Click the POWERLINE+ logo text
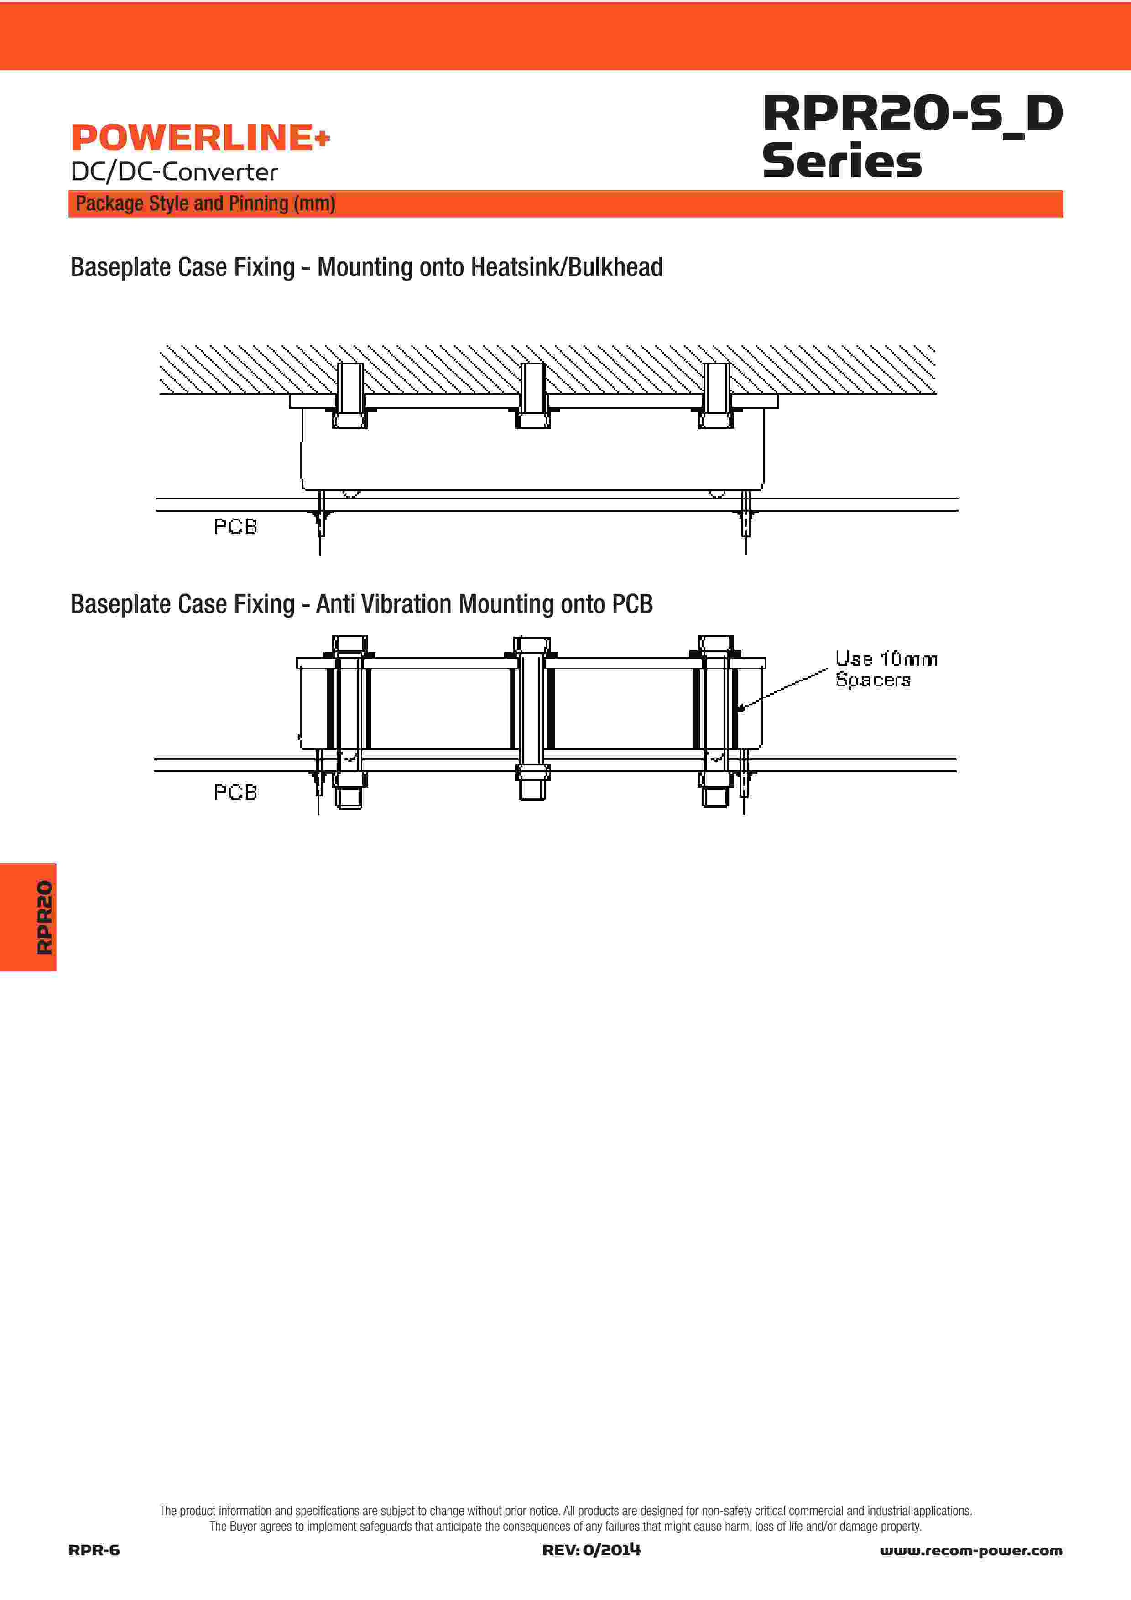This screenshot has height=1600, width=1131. [200, 137]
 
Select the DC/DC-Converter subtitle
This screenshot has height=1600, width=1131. [174, 172]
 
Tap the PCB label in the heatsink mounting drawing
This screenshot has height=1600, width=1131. [235, 527]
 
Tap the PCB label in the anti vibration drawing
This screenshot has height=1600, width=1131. [235, 792]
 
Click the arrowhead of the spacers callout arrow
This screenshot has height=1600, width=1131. [741, 709]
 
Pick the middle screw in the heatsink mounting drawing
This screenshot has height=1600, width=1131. [533, 396]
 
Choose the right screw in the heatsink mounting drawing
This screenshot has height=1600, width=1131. [716, 396]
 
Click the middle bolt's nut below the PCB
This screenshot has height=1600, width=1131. [533, 773]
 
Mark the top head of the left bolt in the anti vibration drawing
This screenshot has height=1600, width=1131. [350, 643]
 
